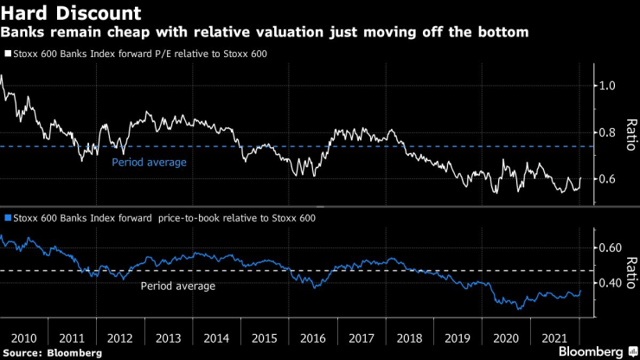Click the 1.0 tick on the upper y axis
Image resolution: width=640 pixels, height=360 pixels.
609,86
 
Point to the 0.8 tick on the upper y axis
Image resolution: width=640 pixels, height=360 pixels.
609,132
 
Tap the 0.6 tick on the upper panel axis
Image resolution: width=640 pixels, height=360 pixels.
609,179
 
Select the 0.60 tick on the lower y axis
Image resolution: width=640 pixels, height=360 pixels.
611,247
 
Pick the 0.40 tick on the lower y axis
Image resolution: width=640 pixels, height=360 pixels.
611,283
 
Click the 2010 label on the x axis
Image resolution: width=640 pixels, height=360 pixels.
25,337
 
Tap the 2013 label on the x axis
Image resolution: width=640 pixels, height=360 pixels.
168,337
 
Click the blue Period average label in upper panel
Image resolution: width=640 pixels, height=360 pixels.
149,162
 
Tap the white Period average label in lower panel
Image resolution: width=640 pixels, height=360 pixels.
177,286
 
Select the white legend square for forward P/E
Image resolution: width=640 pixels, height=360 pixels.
7,53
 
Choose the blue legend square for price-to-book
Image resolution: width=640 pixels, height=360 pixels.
7,218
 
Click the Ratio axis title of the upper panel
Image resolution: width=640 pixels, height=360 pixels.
631,133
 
